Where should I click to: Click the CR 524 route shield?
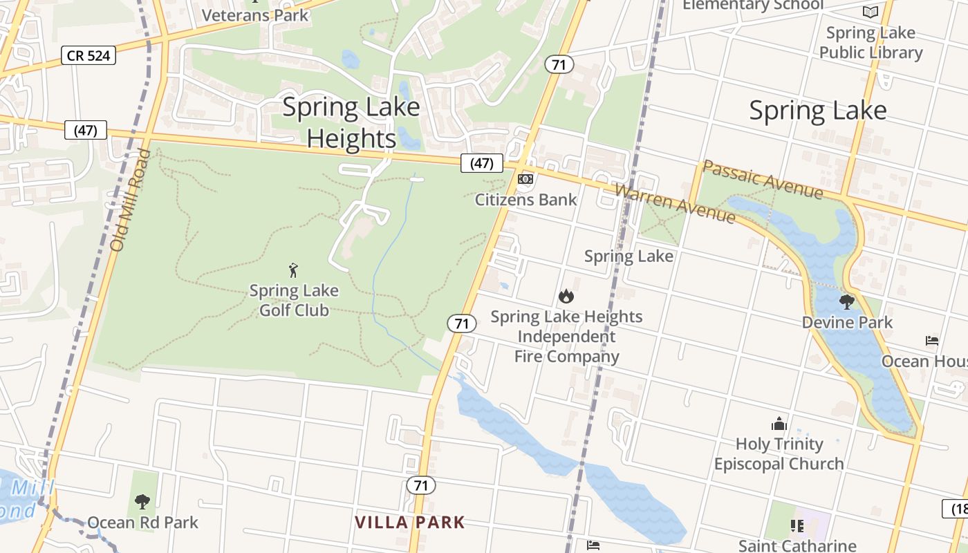89,55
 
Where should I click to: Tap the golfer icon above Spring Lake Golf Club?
294,270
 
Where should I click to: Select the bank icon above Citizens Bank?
525,179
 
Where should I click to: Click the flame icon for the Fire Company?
566,297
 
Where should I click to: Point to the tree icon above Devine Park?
846,302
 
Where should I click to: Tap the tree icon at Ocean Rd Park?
142,501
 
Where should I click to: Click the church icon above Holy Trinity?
779,424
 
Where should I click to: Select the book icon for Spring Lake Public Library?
871,12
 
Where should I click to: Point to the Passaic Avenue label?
763,180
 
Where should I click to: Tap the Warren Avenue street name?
674,203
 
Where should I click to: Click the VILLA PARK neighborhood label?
410,522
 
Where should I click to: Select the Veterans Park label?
255,15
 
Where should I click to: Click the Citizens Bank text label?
525,200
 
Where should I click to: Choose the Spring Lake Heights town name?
351,123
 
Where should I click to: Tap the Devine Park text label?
847,322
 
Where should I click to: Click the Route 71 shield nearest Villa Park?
421,485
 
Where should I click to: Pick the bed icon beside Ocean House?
932,341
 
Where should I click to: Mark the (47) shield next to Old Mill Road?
86,129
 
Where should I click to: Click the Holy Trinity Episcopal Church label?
779,453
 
